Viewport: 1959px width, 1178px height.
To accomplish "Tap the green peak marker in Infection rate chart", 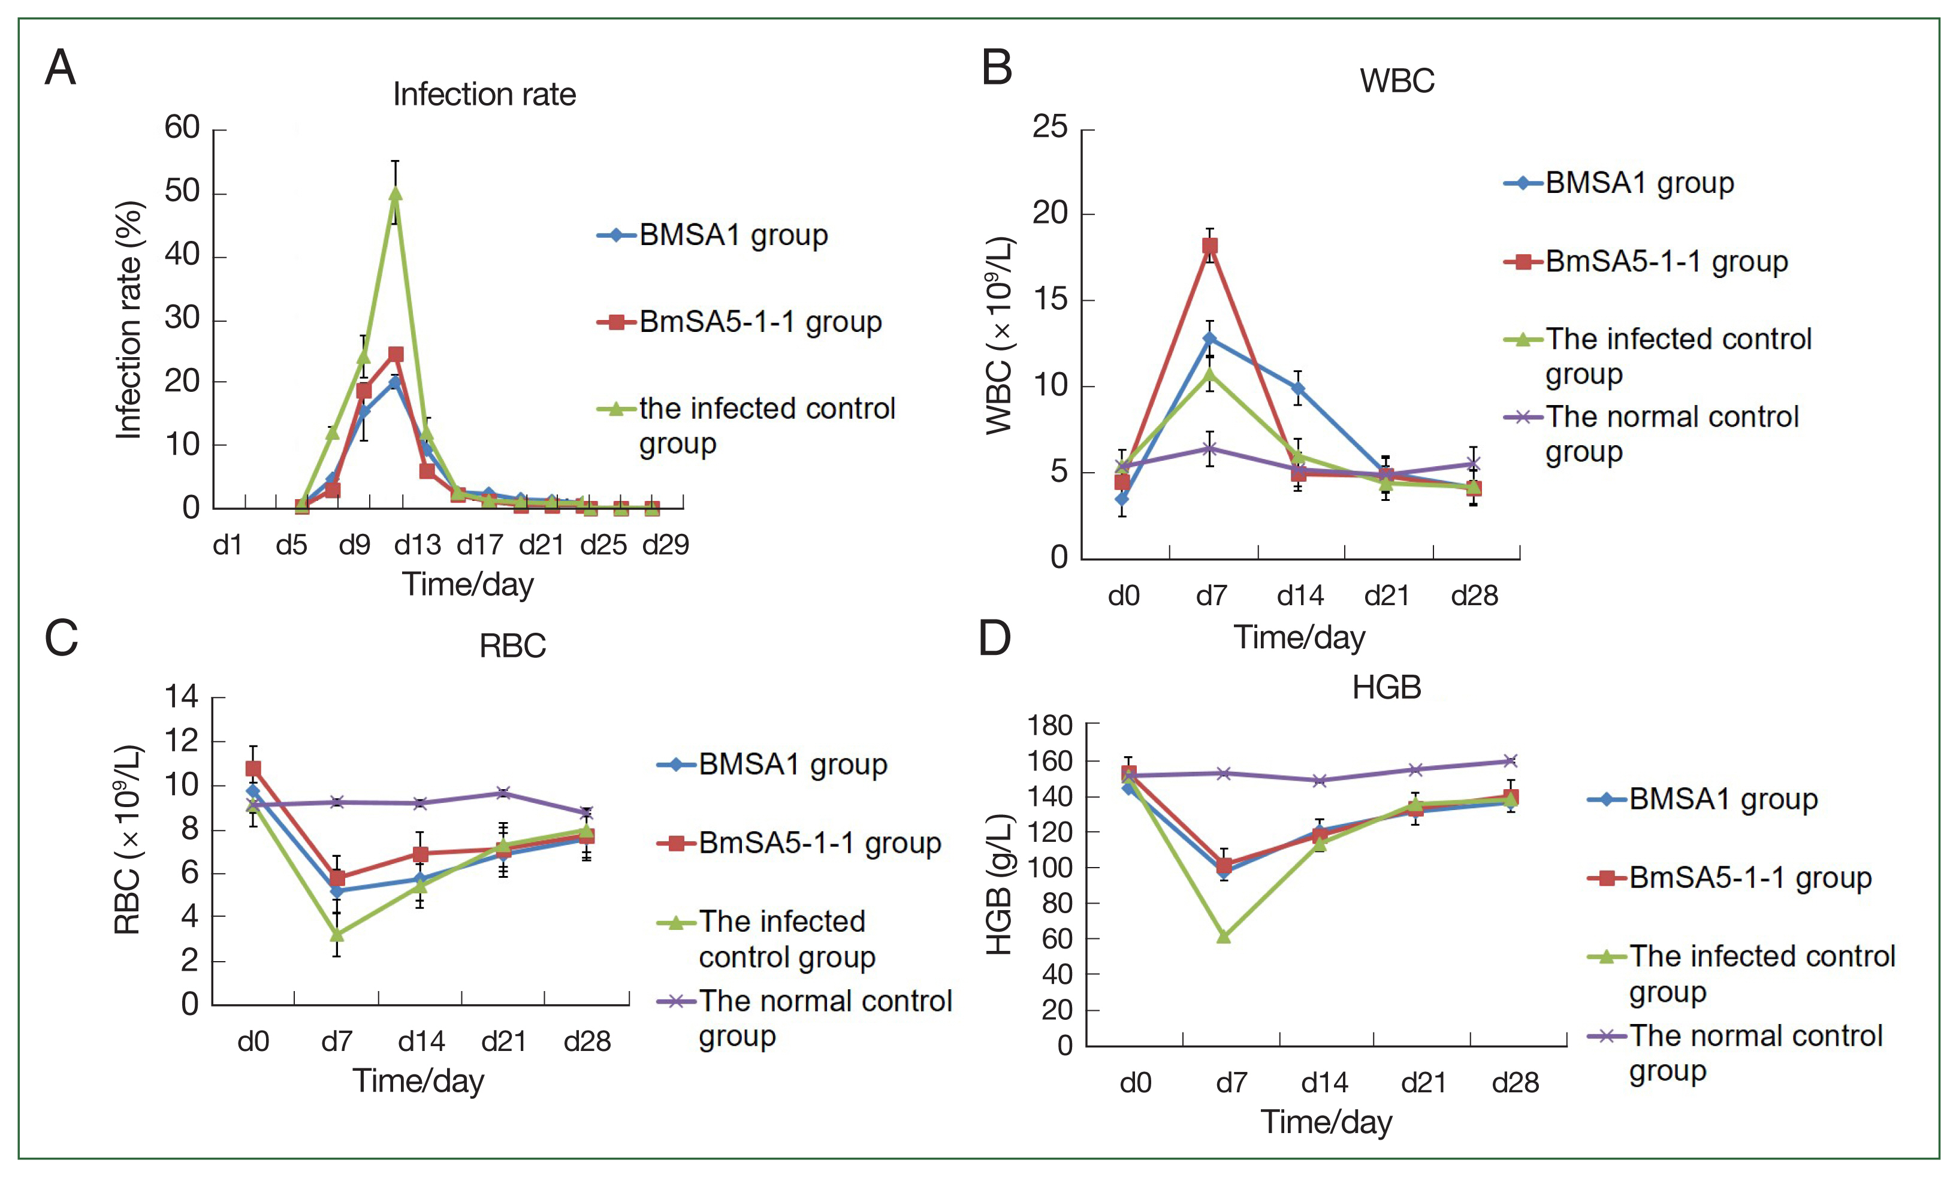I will click(394, 194).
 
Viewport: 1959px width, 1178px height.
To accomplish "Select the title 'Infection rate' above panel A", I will click(484, 95).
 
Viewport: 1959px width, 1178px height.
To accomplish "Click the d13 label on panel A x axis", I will click(418, 545).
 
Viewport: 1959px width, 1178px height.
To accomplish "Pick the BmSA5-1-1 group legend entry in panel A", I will click(760, 322).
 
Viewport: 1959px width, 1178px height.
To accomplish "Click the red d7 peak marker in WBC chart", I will click(1210, 246).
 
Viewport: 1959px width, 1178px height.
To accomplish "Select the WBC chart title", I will click(1397, 81).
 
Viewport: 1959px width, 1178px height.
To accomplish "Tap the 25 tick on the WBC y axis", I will click(1049, 127).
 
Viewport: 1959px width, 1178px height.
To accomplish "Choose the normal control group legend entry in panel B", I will click(1671, 433).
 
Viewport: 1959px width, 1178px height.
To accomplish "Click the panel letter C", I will click(61, 638).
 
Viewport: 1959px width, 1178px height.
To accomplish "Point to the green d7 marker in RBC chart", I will click(337, 934).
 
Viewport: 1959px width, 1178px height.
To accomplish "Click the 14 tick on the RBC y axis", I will click(181, 697).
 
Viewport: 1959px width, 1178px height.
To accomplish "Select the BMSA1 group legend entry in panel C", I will click(792, 765).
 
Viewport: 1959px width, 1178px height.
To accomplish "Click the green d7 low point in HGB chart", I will click(1223, 937).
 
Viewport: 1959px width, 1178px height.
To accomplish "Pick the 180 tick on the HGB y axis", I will click(1049, 725).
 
